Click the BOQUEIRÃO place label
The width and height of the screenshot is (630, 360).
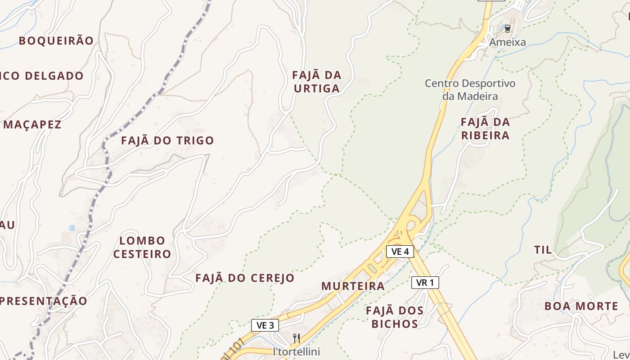pos(56,40)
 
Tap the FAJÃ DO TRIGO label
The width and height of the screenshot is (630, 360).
pos(167,140)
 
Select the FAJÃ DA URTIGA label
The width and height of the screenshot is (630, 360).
pos(317,81)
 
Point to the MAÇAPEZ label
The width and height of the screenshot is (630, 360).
pos(32,125)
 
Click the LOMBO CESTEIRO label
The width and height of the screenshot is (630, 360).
pos(142,247)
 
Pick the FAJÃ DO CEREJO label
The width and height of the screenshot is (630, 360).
pos(245,278)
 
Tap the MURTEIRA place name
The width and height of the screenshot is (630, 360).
pos(353,286)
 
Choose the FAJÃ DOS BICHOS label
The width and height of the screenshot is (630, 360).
pos(395,317)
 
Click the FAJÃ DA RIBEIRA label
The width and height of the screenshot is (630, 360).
pos(485,128)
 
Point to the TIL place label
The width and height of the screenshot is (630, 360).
pos(543,250)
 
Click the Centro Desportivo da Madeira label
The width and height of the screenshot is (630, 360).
pos(470,90)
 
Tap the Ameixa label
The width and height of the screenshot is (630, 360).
pos(508,42)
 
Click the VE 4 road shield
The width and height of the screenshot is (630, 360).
pos(400,252)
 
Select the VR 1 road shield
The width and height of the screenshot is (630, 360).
pos(425,283)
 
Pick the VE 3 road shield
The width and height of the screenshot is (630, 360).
pos(265,325)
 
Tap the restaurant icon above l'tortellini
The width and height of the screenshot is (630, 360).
pos(297,338)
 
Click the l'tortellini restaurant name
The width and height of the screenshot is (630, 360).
pos(297,351)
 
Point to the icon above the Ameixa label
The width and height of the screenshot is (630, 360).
pos(508,29)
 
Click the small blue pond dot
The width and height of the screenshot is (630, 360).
pos(72,228)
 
